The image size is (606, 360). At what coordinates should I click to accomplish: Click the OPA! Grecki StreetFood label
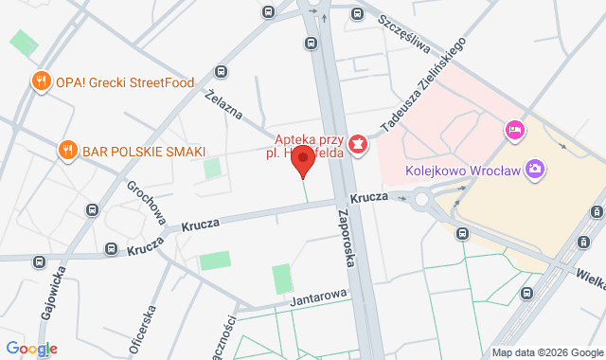click(x=124, y=81)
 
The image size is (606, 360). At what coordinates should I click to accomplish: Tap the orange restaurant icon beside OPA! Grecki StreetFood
click(x=40, y=81)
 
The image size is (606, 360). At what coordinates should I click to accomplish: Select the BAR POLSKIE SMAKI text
click(x=144, y=150)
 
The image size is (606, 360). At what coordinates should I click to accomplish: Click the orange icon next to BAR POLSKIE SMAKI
click(x=67, y=150)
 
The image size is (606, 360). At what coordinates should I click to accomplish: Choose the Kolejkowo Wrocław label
click(x=462, y=171)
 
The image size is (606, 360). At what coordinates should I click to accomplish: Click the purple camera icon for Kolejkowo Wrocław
click(x=536, y=170)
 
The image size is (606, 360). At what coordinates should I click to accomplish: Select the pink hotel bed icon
click(x=514, y=129)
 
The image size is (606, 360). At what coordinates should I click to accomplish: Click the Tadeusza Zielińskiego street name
click(x=422, y=86)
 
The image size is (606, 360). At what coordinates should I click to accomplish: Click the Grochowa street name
click(x=147, y=203)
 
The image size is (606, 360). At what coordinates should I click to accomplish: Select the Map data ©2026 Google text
click(x=545, y=352)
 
